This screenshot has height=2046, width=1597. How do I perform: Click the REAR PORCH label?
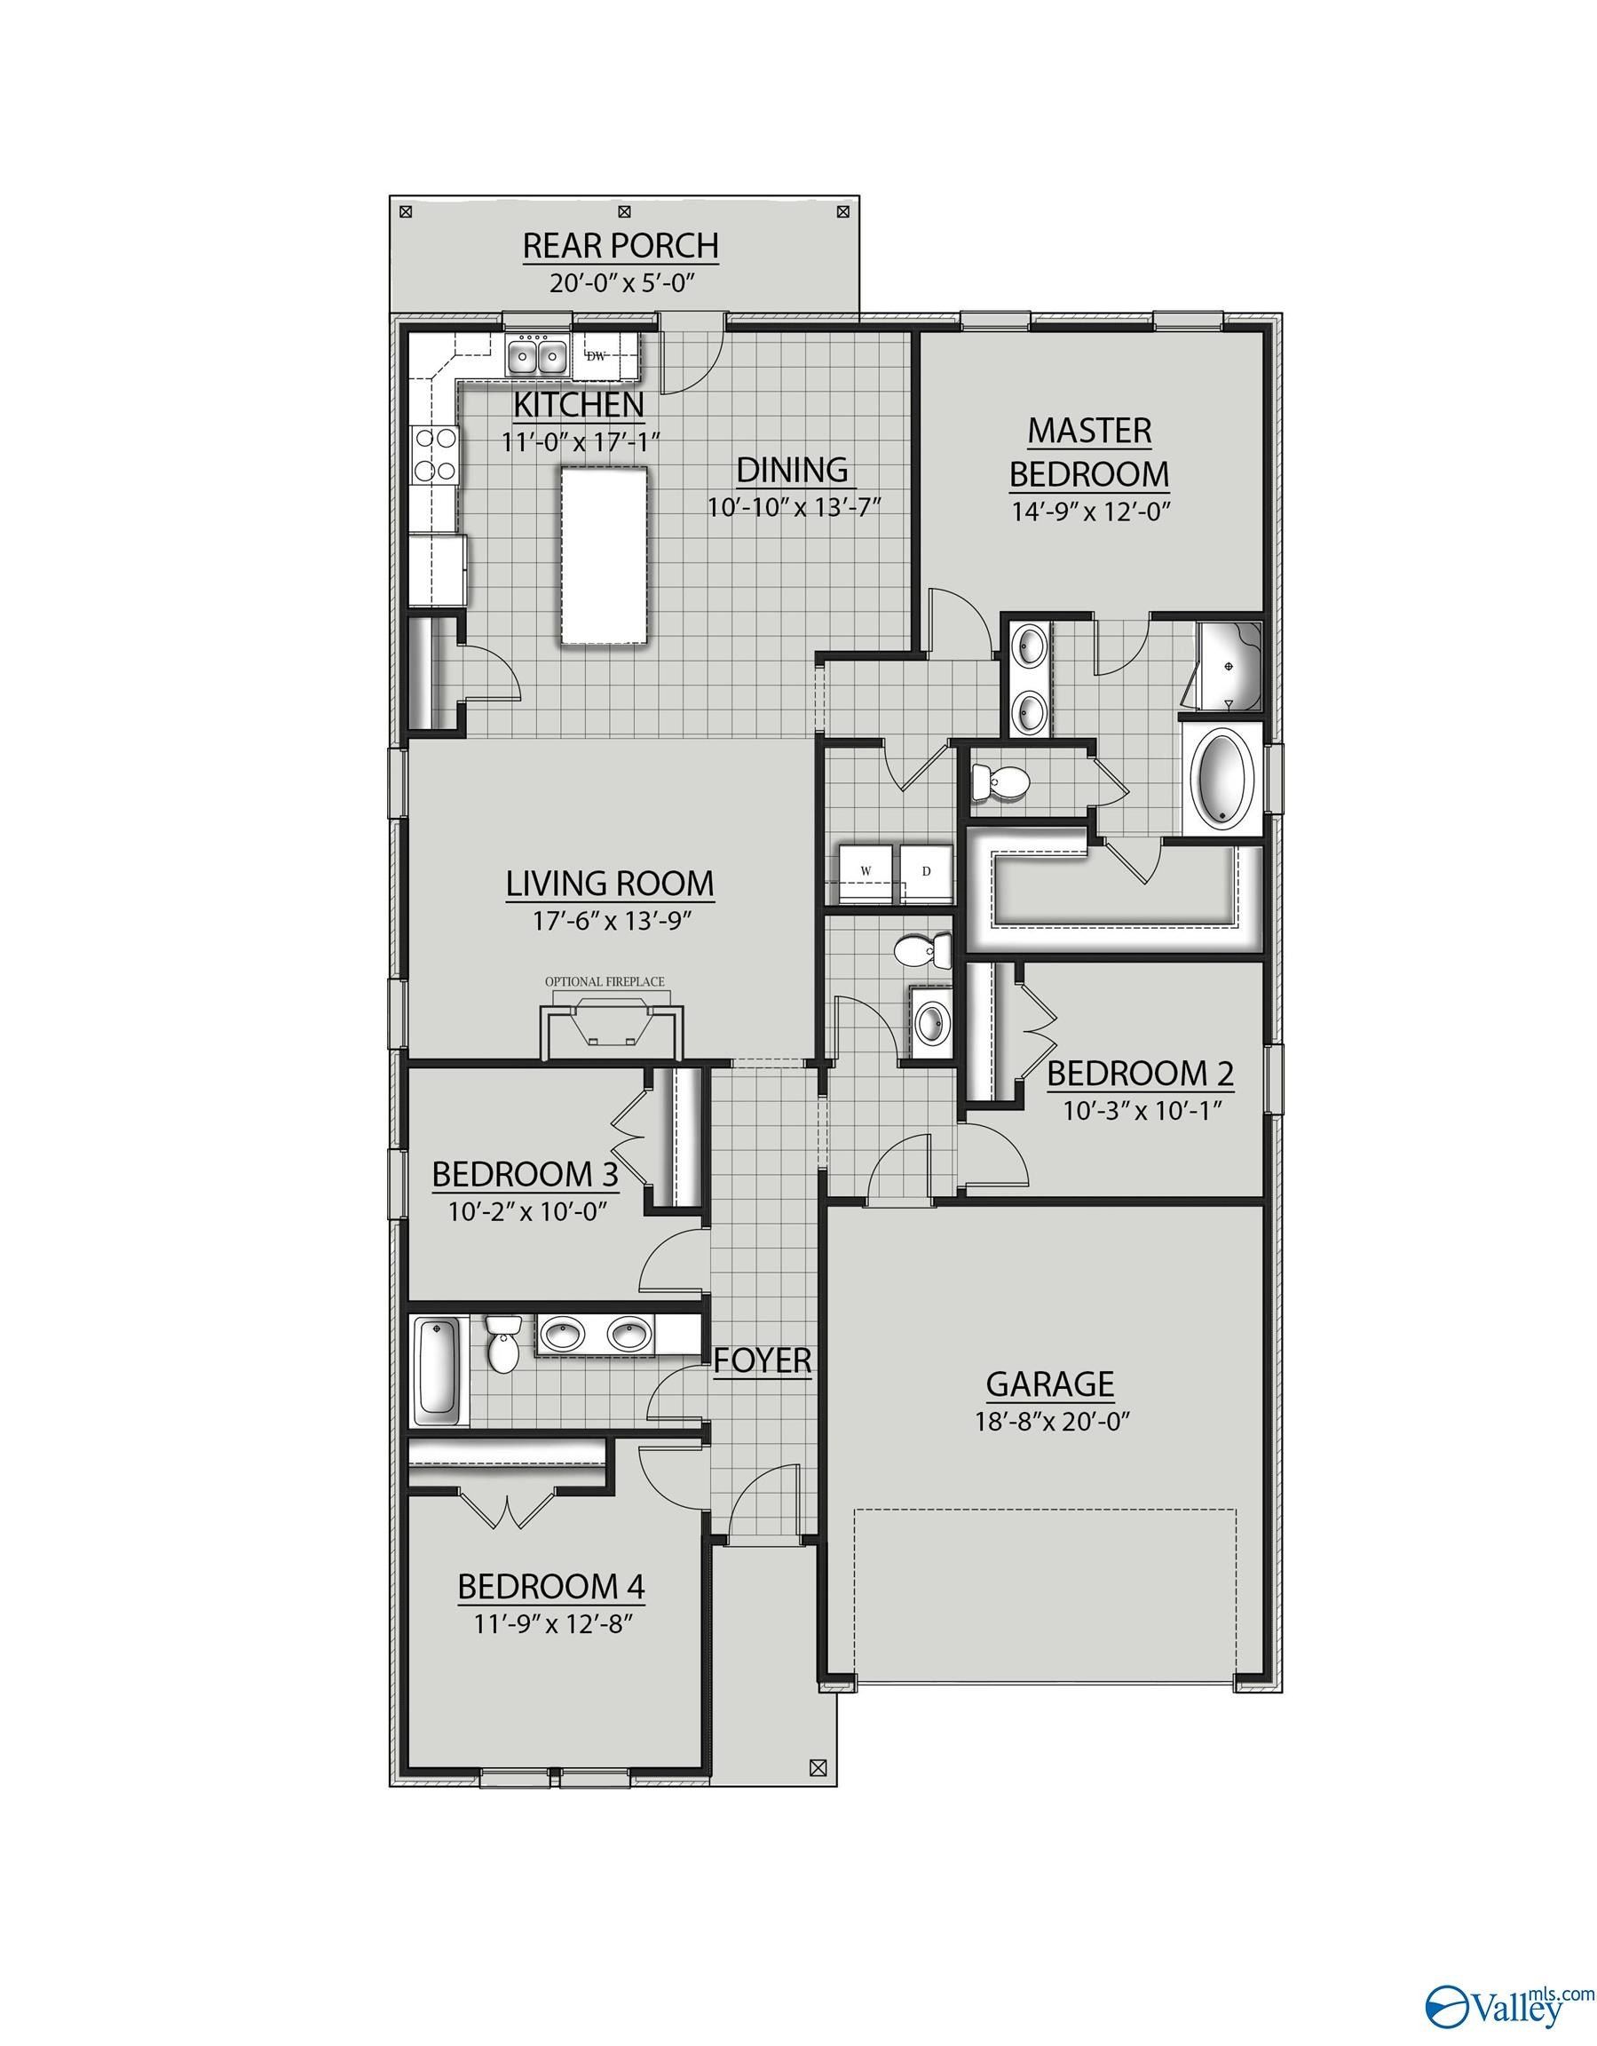point(620,245)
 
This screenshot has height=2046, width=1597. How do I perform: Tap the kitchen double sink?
point(538,356)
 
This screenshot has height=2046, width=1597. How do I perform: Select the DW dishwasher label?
point(596,356)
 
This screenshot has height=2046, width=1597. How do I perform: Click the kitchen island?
point(604,557)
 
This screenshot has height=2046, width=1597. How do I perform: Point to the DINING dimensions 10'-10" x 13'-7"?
point(795,507)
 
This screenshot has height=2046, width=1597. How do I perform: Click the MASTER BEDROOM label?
point(1089,453)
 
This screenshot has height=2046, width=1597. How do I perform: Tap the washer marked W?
point(866,871)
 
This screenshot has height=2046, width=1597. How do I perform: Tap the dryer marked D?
point(927,871)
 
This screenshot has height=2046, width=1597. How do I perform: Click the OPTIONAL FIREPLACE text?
point(605,982)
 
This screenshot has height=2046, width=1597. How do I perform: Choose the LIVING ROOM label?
point(610,884)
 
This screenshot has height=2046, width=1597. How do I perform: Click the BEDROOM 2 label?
point(1140,1075)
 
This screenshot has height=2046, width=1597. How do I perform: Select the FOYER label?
point(763,1360)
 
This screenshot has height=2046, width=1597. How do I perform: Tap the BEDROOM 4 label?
point(550,1587)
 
